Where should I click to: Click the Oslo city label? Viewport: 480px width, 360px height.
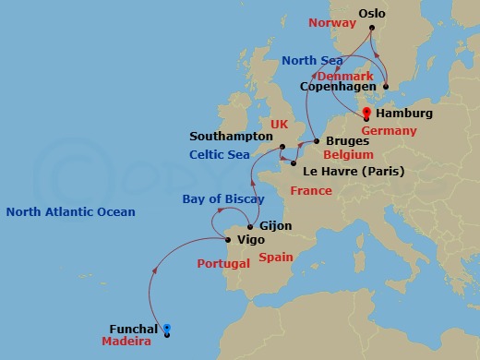(x=372, y=14)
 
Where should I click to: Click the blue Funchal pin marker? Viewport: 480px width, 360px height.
(x=167, y=328)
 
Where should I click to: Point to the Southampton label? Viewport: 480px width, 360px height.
(x=231, y=135)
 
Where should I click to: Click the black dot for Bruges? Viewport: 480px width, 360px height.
(x=317, y=141)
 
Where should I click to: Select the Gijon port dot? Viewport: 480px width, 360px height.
(x=250, y=225)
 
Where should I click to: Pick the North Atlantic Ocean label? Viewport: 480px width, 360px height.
(x=70, y=212)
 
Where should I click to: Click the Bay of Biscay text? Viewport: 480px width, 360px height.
(x=222, y=198)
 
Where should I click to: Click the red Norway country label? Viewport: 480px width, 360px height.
(x=331, y=22)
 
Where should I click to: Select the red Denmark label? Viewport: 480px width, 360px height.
(x=343, y=75)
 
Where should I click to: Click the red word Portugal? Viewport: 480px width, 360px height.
(x=223, y=264)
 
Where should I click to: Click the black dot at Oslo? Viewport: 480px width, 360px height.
(x=371, y=28)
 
